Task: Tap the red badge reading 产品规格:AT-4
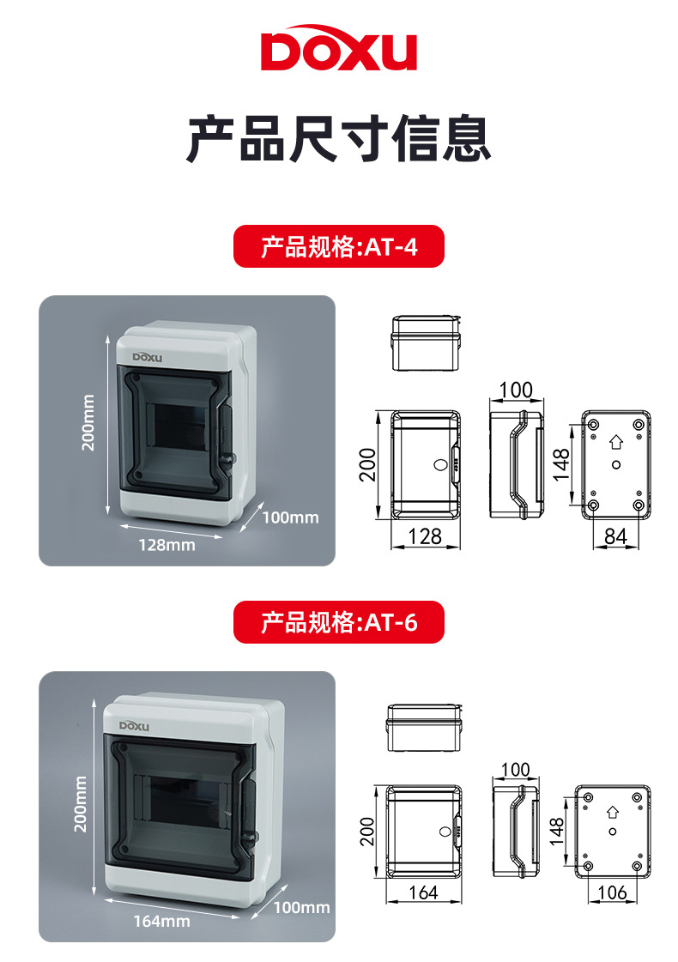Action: [339, 247]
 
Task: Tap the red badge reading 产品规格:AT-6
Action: [339, 622]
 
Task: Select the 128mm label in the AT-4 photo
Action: [166, 544]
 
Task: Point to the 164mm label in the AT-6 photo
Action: [161, 921]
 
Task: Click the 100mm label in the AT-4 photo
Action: [289, 517]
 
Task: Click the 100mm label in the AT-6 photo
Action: [301, 907]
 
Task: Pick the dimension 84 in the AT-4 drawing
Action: [615, 536]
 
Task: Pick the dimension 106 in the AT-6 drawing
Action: [611, 892]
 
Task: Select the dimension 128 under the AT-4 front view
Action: [425, 536]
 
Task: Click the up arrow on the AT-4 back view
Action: [614, 443]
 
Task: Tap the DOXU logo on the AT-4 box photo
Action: [152, 357]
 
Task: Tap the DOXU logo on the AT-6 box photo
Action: [134, 725]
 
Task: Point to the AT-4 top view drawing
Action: [427, 342]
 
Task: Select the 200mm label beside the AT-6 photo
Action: [82, 803]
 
